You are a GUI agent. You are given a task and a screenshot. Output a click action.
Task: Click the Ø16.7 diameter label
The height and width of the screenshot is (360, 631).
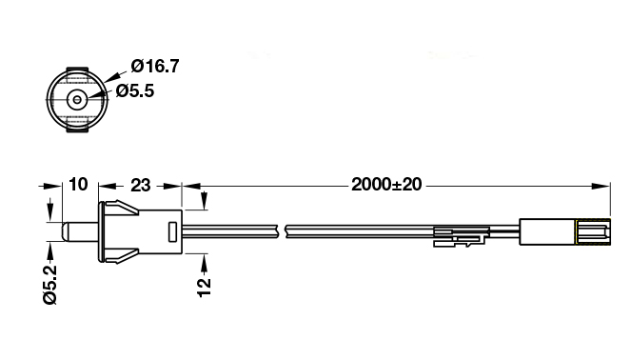[x=155, y=66]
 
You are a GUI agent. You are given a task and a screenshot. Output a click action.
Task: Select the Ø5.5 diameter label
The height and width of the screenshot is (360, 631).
[x=135, y=91]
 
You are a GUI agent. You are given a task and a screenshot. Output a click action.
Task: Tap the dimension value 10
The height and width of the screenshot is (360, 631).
[x=78, y=185]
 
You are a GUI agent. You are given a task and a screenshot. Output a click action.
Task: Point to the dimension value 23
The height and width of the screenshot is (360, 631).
[x=141, y=185]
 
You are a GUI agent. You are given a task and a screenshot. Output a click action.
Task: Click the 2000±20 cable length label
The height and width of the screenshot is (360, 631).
[x=386, y=185]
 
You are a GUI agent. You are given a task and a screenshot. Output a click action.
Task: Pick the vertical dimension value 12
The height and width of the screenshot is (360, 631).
[x=204, y=287]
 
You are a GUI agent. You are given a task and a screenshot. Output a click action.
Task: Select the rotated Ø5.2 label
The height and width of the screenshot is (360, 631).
[x=50, y=285]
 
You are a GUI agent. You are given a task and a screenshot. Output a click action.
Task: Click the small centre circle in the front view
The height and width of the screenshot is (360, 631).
[x=77, y=99]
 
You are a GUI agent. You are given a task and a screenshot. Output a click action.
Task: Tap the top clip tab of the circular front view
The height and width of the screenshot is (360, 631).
[x=77, y=70]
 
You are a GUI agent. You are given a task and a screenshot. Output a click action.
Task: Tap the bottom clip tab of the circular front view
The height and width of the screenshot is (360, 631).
[x=77, y=129]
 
